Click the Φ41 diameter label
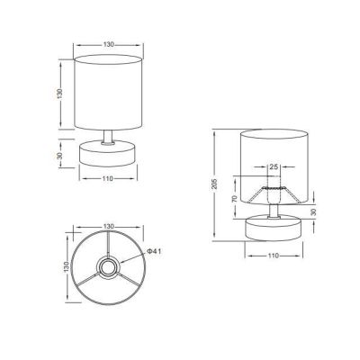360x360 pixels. pos(154,251)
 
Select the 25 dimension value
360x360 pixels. pos(274,166)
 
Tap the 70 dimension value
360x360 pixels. pos(235,198)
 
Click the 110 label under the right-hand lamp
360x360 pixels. pos(274,256)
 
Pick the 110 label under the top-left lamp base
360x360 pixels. pos(108,178)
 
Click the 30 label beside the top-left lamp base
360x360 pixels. pos(60,156)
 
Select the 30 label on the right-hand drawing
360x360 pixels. pos(313,212)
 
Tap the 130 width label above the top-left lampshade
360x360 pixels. pos(109,44)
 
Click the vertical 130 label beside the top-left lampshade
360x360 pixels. pos(59,94)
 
